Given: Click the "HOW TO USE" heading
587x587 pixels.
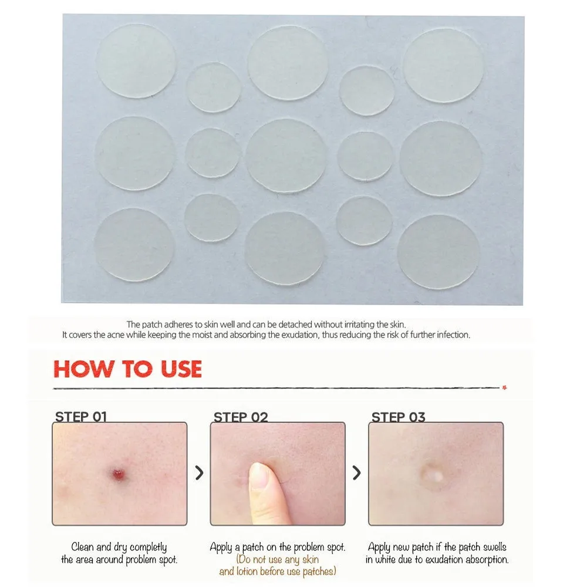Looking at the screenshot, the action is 127,369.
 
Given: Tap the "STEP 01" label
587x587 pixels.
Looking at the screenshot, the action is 81,417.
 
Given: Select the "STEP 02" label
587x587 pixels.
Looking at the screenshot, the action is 241,417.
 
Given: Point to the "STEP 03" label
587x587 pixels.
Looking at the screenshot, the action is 399,417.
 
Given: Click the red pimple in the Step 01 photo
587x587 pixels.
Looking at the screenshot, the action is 120,474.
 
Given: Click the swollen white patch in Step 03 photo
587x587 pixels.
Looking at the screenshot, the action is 433,474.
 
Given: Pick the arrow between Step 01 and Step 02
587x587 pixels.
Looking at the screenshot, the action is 200,473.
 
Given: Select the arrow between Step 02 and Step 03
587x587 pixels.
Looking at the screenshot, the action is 357,473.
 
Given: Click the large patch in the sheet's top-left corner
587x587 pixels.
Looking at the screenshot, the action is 136,61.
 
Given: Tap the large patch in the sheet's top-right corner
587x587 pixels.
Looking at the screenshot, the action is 443,66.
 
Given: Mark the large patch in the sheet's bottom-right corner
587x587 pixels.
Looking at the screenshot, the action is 438,252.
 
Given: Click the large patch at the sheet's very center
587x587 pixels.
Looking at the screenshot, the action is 286,156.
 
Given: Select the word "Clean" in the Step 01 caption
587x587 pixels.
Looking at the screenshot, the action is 82,547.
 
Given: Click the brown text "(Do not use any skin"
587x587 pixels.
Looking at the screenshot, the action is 278,559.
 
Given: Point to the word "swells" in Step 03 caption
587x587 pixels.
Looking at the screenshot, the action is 494,547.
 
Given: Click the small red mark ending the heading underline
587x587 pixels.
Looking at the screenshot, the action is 504,387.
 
